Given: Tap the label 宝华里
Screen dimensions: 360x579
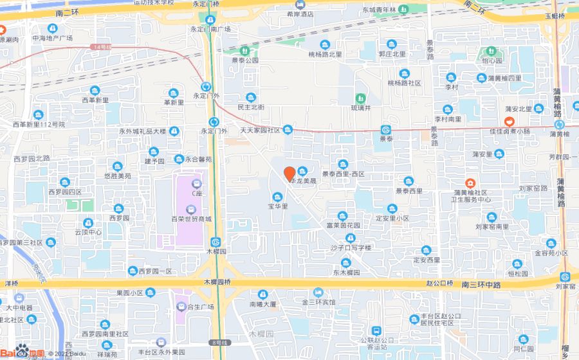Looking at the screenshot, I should tap(278, 206).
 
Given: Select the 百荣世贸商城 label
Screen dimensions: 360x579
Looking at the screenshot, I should tap(191, 219).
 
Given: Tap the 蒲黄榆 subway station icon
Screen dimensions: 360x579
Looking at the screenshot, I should tap(559, 125).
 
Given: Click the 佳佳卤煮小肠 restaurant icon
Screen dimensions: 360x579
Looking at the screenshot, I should tap(509, 122).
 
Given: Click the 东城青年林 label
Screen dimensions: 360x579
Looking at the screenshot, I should tap(380, 10).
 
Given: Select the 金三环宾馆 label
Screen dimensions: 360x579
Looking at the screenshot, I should tap(318, 301).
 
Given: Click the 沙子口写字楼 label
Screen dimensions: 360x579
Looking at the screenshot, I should tap(352, 248).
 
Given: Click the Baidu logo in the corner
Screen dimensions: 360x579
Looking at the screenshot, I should tap(23, 351).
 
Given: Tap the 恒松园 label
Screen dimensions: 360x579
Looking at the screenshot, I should tap(517, 274).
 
